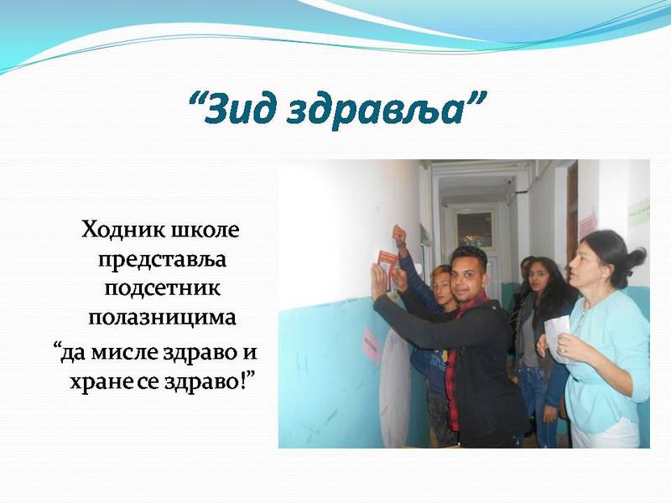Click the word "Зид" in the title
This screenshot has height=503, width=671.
click(x=235, y=108)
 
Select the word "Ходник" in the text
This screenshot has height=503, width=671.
click(x=122, y=230)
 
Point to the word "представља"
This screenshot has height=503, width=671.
click(x=162, y=260)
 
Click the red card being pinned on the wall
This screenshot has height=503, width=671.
click(x=388, y=267)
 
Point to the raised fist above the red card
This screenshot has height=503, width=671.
click(x=399, y=235)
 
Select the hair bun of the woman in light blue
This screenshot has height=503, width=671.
click(x=635, y=259)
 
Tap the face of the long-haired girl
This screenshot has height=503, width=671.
click(x=538, y=278)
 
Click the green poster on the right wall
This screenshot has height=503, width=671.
click(x=638, y=212)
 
